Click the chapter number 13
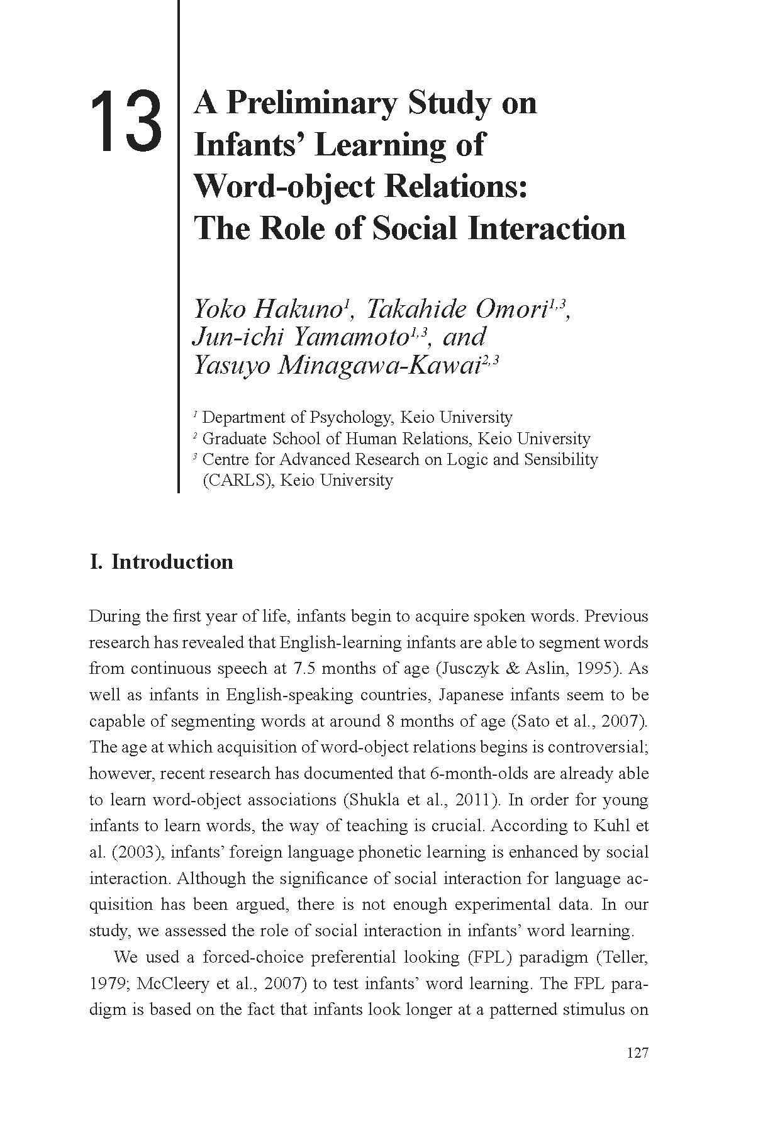pyautogui.click(x=126, y=121)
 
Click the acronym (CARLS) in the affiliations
pyautogui.click(x=235, y=480)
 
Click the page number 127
pyautogui.click(x=637, y=1053)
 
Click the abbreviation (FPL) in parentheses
pyautogui.click(x=489, y=957)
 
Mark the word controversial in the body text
pyautogui.click(x=597, y=747)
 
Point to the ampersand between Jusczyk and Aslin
pyautogui.click(x=515, y=668)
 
